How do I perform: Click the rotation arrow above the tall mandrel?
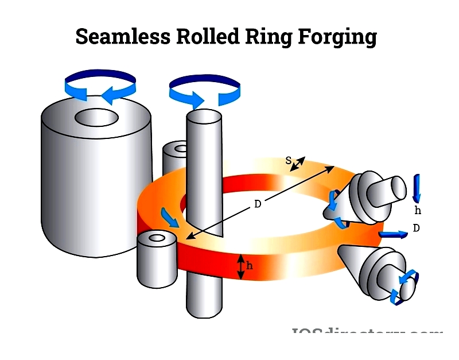click(x=204, y=91)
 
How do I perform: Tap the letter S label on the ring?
click(x=289, y=160)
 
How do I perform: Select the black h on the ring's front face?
click(x=249, y=266)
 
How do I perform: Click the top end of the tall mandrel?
click(x=204, y=117)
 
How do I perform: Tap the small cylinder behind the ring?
click(x=174, y=155)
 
